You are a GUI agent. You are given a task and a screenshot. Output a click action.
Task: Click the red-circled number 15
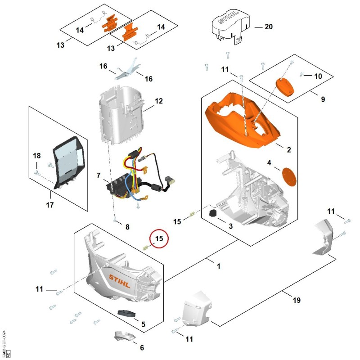point(159,238)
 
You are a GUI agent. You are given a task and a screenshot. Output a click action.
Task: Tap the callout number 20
point(269,27)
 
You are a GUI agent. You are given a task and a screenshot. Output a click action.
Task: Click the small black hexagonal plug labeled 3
point(213,213)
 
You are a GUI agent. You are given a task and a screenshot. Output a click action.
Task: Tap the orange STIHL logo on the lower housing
point(119,281)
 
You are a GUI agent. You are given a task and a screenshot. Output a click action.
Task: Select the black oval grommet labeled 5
point(126,313)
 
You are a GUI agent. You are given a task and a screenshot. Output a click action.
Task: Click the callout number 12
point(159,101)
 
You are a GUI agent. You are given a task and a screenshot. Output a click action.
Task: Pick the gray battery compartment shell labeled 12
point(121,116)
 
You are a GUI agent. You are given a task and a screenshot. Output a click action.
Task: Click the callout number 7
point(99,175)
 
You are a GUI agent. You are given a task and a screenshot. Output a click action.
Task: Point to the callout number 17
point(50,205)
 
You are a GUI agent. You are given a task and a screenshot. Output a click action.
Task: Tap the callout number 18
point(37,156)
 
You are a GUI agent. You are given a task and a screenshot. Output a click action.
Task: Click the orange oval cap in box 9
point(285,87)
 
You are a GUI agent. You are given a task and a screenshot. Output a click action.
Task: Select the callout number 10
point(318,76)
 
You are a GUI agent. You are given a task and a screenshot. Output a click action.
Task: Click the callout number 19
point(297,300)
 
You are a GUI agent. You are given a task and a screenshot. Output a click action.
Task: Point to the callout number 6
point(142,347)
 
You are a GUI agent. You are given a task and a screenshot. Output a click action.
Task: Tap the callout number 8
point(127,227)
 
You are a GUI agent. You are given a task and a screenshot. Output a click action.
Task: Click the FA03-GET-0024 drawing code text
point(4,340)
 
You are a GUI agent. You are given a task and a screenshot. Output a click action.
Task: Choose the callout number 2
point(289,150)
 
